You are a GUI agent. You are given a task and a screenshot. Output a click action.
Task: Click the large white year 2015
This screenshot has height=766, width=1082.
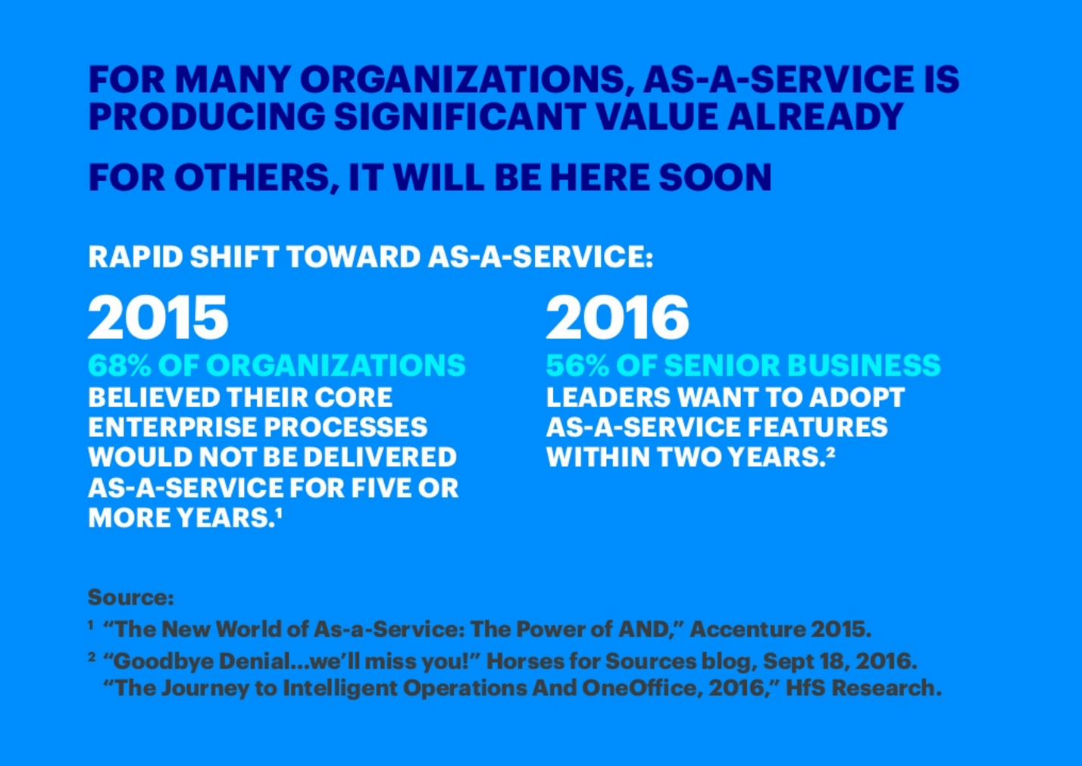158,317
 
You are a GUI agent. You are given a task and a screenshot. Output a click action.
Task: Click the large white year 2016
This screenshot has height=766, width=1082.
617,317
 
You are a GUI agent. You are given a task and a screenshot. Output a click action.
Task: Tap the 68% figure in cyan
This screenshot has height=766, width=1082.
119,365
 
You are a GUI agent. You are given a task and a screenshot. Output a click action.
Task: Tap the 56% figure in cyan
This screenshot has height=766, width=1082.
577,365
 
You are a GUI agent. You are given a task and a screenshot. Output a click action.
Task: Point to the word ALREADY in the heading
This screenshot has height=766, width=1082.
815,117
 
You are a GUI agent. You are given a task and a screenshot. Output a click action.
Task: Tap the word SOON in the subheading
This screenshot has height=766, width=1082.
715,177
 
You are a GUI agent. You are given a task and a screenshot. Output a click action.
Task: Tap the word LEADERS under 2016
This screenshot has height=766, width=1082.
608,398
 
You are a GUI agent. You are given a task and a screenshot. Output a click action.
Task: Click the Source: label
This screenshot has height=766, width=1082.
130,598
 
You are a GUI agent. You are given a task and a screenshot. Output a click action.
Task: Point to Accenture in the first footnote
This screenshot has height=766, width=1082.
748,629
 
